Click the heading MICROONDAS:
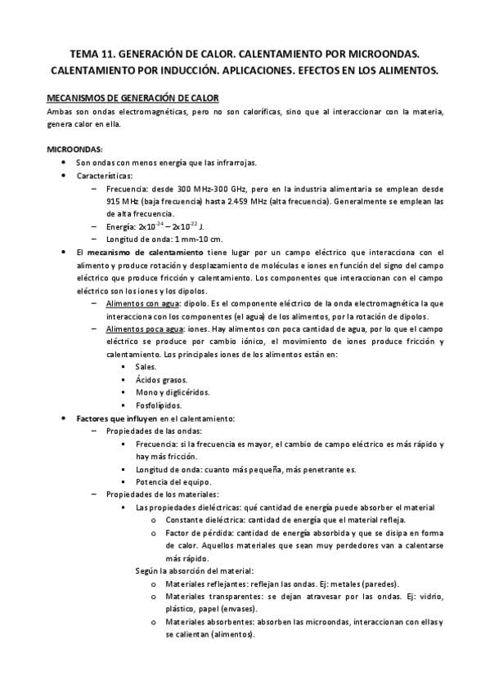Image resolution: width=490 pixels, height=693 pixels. (74, 150)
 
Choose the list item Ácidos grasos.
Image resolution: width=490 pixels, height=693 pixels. (162, 379)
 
